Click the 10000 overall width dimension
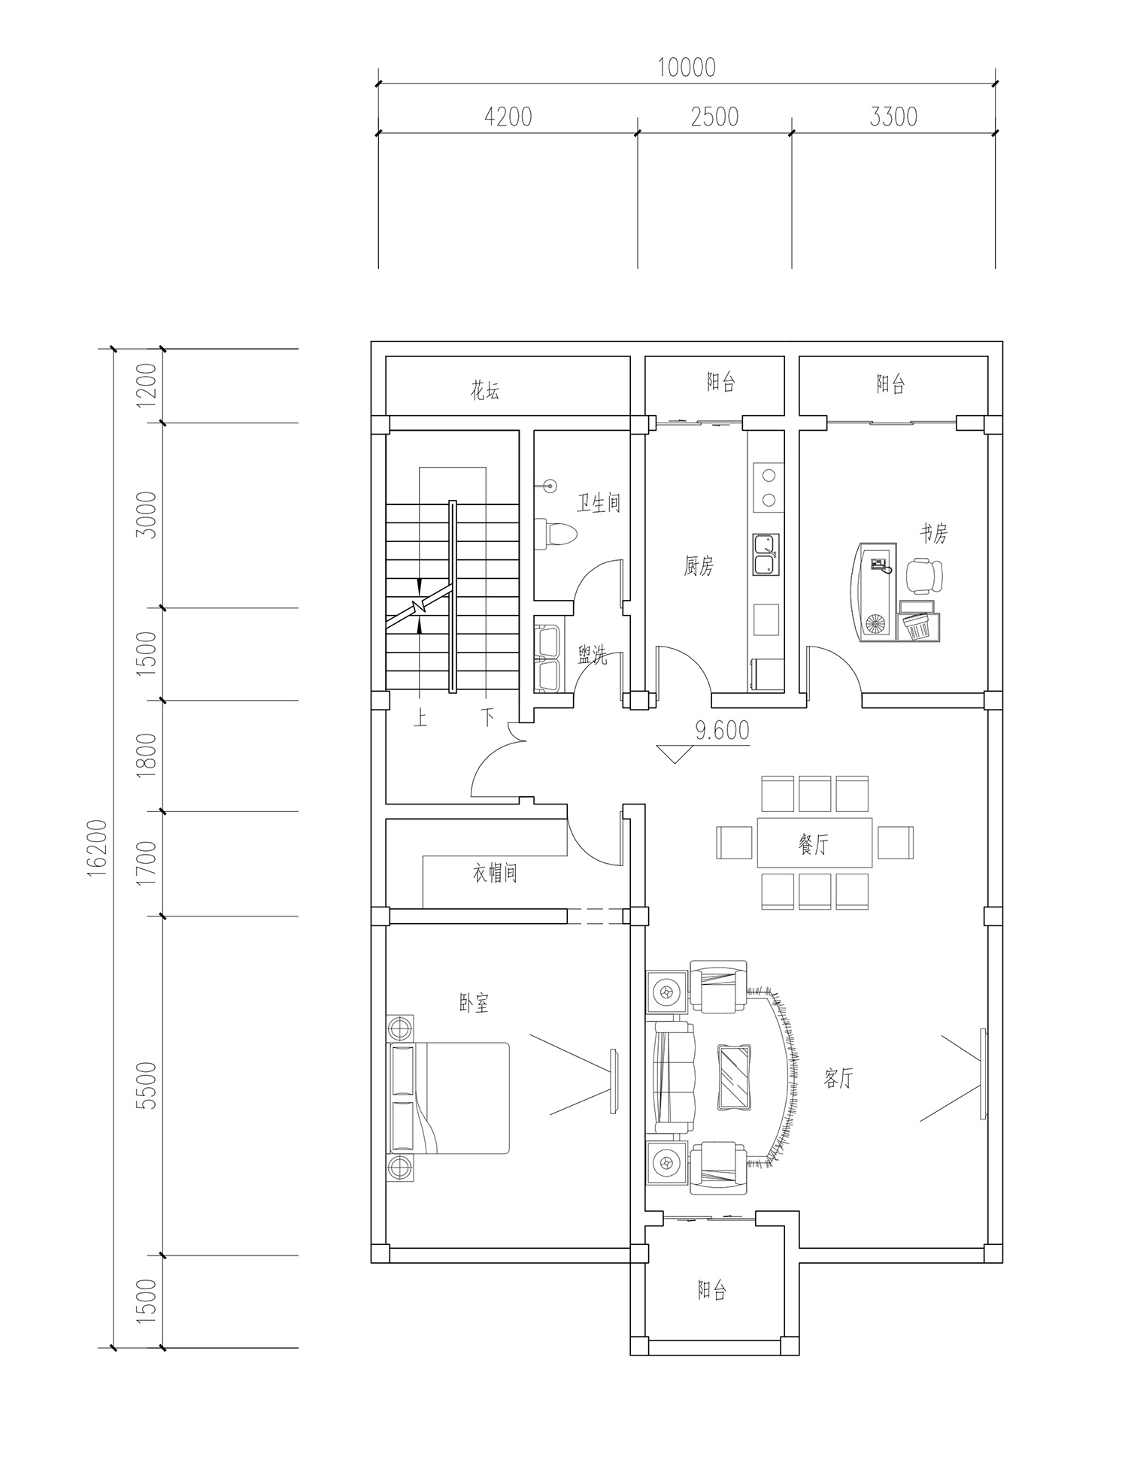[x=687, y=68]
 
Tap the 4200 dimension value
[x=508, y=117]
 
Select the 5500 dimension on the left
[x=147, y=1085]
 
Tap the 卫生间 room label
[x=599, y=503]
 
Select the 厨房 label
[x=699, y=566]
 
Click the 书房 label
[x=933, y=533]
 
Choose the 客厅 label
[x=838, y=1079]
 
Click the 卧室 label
[x=475, y=1003]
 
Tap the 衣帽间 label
[x=495, y=874]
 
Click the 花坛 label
[x=485, y=390]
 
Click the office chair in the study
[x=924, y=576]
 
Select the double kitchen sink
[x=766, y=554]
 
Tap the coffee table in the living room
[x=734, y=1076]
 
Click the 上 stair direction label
[x=420, y=719]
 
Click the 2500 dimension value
[x=714, y=117]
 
